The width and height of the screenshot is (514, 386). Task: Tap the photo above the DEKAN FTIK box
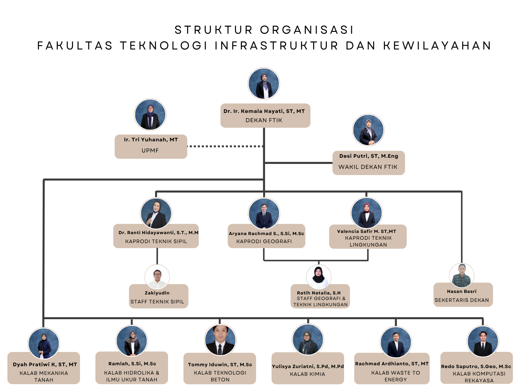(264, 84)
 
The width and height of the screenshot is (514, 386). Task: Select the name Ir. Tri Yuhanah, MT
(151, 140)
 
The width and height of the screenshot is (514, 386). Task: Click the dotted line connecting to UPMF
(225, 146)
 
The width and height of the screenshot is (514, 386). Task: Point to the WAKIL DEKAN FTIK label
(368, 167)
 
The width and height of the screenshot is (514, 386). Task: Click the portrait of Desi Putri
(368, 130)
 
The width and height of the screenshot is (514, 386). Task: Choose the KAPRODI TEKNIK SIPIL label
(156, 241)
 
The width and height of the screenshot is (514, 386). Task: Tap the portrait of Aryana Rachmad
(264, 213)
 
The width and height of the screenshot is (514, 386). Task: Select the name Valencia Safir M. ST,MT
(366, 231)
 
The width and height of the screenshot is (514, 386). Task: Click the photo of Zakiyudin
(157, 277)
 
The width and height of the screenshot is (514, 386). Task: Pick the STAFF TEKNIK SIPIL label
(157, 302)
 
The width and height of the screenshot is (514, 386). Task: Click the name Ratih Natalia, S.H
(319, 293)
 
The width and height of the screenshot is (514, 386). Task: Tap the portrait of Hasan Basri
(461, 275)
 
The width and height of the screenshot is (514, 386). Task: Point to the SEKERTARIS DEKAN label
(461, 300)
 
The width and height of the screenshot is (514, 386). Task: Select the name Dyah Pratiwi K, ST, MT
(45, 364)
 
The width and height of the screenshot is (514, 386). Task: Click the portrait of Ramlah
(132, 341)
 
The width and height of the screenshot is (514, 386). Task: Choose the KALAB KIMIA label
(307, 374)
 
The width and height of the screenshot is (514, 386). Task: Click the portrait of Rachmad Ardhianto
(396, 342)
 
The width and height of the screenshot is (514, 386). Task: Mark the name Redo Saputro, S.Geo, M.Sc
(476, 366)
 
